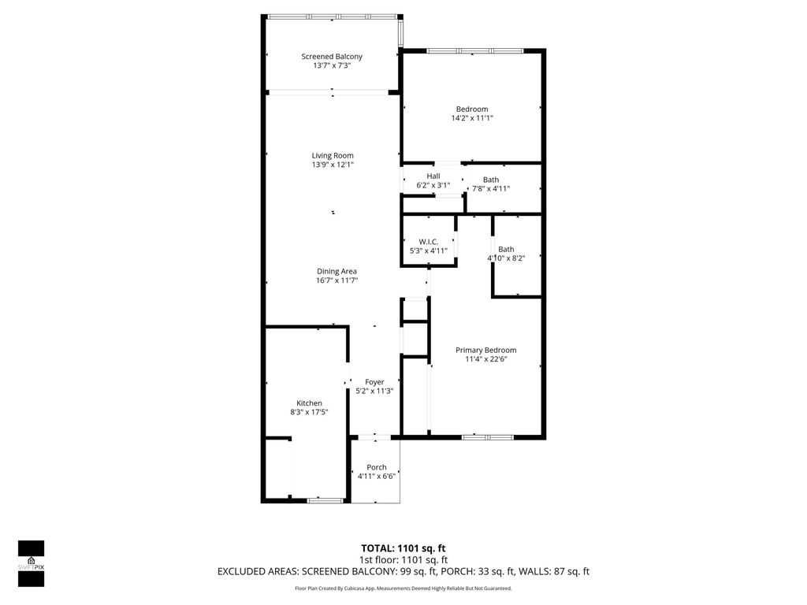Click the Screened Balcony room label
pos(332,57)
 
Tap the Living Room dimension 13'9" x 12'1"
pos(332,165)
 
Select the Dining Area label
pos(337,271)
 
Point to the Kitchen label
pos(309,403)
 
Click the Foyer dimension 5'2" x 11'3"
pos(374,391)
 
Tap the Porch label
pos(376,467)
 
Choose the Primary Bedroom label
pos(485,350)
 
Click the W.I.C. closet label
pos(428,242)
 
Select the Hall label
pos(433,176)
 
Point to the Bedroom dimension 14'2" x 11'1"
pos(471,118)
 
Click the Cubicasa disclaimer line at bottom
pos(403,588)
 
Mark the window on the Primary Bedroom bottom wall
pos(487,437)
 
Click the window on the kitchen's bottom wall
pos(325,500)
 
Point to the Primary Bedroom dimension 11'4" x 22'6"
pos(485,359)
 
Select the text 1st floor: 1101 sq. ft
pos(403,560)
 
